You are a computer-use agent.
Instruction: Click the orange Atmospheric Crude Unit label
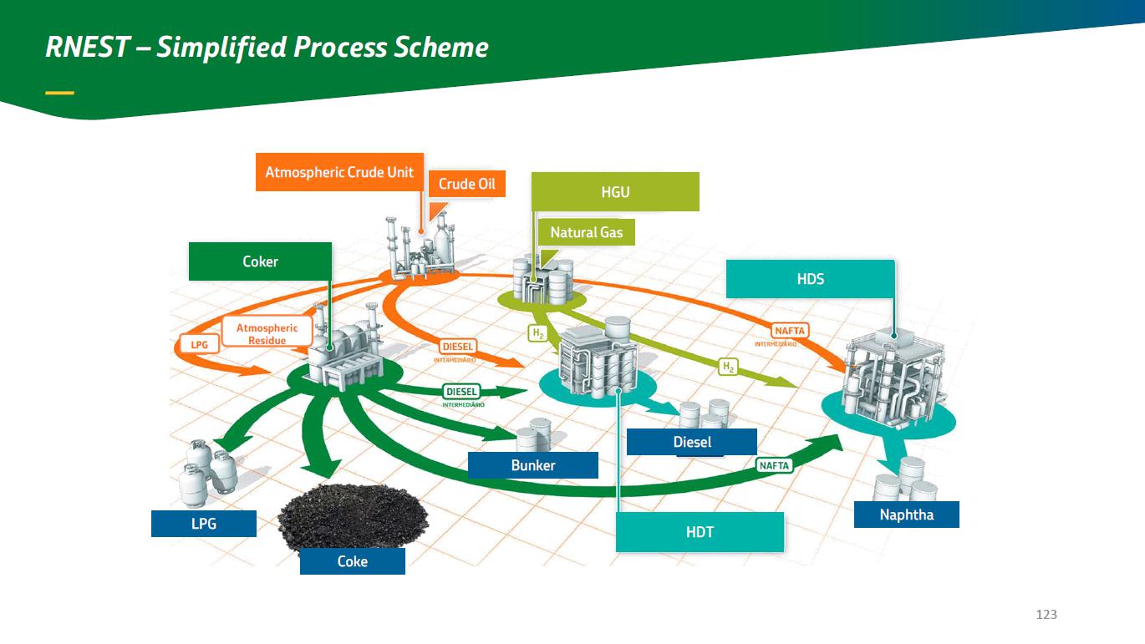click(x=339, y=172)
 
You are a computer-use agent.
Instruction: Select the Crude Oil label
click(x=467, y=184)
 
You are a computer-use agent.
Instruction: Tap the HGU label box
click(x=615, y=192)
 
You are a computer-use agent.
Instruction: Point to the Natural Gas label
click(x=586, y=232)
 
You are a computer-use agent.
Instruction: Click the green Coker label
click(x=260, y=261)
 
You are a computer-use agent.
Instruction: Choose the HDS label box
click(x=810, y=279)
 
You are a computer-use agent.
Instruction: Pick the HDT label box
click(x=700, y=532)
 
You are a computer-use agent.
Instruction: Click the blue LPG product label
click(x=203, y=524)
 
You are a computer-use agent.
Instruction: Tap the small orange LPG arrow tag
click(x=200, y=343)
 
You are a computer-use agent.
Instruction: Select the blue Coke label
click(x=352, y=561)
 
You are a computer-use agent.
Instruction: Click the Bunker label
click(x=532, y=465)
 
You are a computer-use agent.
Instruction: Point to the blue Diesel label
click(x=691, y=442)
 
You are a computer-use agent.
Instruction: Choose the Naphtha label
click(x=906, y=515)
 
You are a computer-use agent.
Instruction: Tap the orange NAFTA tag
click(x=788, y=332)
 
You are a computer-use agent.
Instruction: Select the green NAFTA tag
click(x=774, y=465)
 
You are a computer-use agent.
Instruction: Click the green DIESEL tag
click(x=461, y=391)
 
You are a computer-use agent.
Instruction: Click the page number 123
click(x=1046, y=614)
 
